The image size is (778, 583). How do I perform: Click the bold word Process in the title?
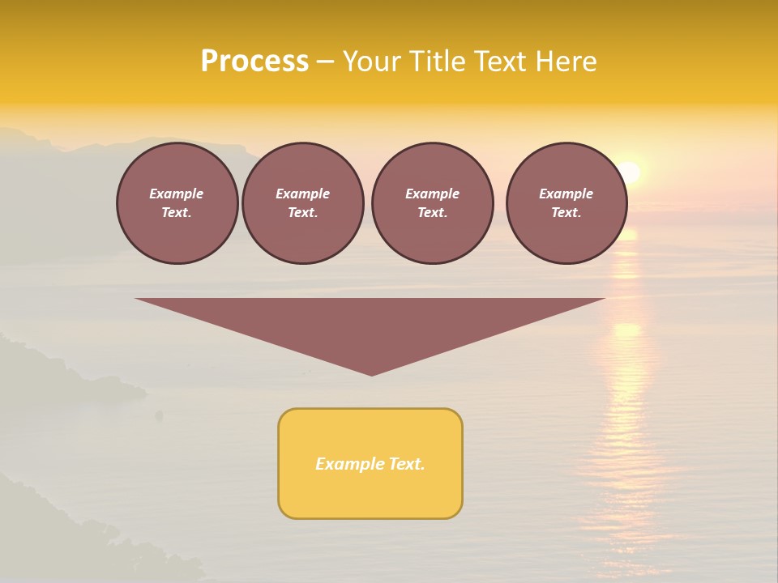254,62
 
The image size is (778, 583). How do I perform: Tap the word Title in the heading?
437,62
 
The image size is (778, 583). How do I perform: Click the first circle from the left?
177,203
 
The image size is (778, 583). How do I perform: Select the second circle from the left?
303,203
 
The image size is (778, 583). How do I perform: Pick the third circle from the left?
432,203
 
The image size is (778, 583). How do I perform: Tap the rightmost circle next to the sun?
566,203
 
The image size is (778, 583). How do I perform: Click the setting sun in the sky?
629,172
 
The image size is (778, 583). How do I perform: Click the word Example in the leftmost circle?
177,194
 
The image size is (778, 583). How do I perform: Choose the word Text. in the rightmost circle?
566,213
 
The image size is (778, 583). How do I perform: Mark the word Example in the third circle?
432,194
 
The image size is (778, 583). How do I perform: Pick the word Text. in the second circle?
303,213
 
